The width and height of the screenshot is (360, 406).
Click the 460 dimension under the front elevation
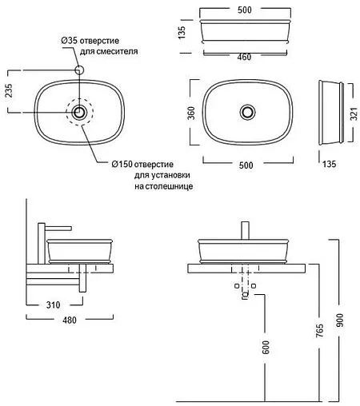(244, 57)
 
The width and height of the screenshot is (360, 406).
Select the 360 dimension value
(191, 113)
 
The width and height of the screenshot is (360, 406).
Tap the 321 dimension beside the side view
(354, 114)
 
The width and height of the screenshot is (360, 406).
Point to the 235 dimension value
(9, 90)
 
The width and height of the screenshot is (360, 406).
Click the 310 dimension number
(54, 304)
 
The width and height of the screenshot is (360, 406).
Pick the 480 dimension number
(70, 320)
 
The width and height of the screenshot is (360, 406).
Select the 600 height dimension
(266, 347)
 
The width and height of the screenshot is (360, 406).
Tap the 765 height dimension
(319, 331)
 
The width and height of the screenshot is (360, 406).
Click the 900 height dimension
(340, 320)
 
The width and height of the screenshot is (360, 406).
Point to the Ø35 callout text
(90, 41)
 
